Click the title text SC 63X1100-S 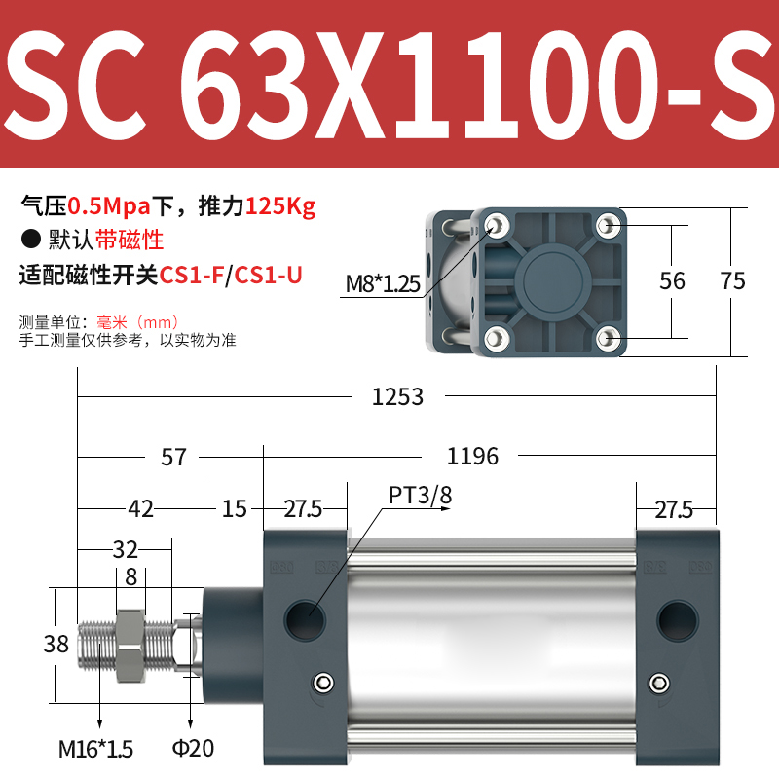pos(389,86)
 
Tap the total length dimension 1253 pos(398,396)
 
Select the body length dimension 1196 pos(472,456)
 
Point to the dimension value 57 pos(173,456)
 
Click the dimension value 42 pos(141,508)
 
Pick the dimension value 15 pos(234,508)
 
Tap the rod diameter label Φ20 pos(195,749)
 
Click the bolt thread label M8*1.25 pos(383,283)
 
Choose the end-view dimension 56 pos(672,281)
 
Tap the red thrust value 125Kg pos(280,206)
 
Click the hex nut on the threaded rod pos(130,644)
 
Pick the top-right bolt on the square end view pos(610,226)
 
